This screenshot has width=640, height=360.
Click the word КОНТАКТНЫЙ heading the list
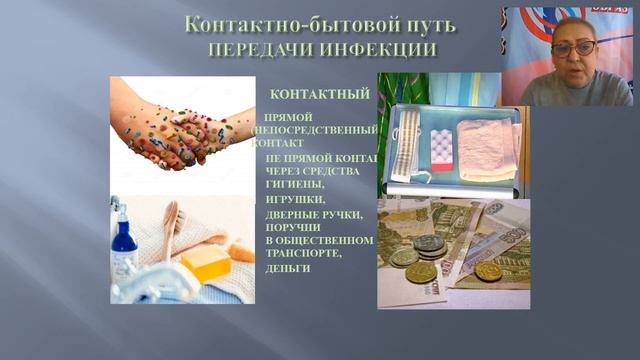point(320,94)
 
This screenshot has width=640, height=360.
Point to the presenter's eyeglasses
point(574,47)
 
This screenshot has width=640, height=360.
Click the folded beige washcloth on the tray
point(485,151)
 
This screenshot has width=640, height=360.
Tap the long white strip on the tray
point(404,151)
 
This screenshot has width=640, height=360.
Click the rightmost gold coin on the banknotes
point(488,270)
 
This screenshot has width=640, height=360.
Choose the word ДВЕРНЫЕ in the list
point(296,214)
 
